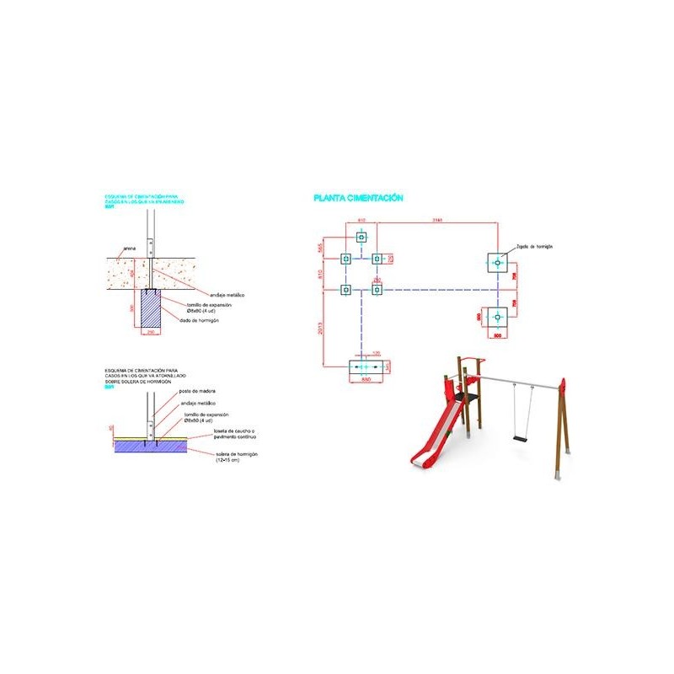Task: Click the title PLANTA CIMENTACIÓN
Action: (x=358, y=198)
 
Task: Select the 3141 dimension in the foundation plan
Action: (x=436, y=221)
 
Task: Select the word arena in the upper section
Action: (x=129, y=249)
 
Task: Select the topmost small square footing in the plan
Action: (x=361, y=238)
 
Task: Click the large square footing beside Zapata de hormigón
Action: (x=499, y=264)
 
